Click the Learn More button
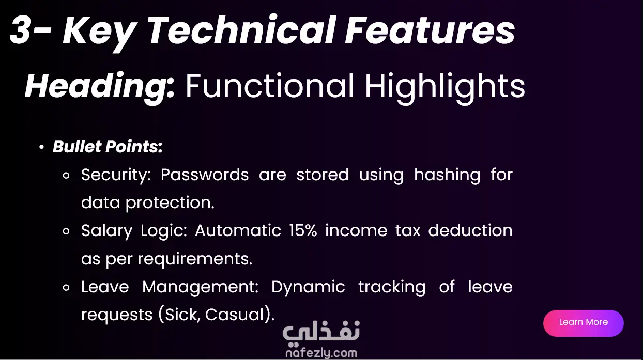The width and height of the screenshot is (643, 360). coord(583,323)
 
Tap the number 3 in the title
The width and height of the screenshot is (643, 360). coord(20,30)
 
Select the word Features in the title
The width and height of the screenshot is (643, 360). coord(430,30)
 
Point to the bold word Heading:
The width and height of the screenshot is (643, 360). coord(100,87)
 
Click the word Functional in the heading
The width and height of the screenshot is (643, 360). coord(269,86)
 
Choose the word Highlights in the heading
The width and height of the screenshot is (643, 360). coord(445,87)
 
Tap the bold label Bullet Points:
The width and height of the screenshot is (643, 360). coord(108,147)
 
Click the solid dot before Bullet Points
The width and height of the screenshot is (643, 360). coord(42,147)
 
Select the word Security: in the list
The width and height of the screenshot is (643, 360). coord(116,175)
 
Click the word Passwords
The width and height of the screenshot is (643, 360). coord(204,175)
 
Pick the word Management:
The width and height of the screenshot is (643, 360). coord(201,287)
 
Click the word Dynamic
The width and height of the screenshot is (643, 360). coord(308,287)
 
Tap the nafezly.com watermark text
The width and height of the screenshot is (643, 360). coord(321,353)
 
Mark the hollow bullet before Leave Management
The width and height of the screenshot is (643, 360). coord(66,287)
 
